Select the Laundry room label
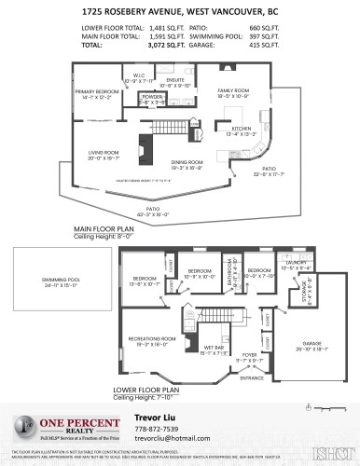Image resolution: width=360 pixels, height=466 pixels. tap(297, 265)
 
